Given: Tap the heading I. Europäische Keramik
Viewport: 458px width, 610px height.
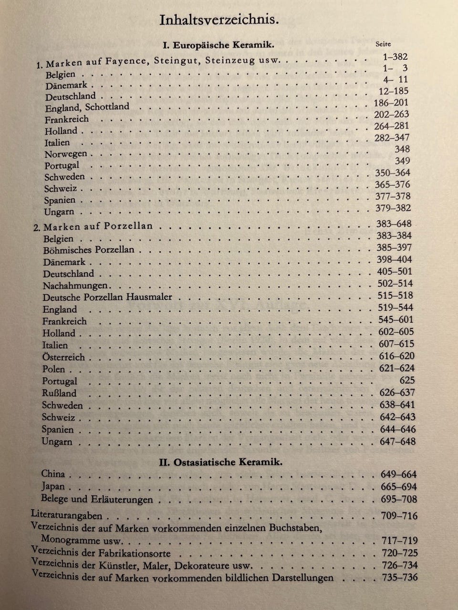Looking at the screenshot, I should (x=219, y=45).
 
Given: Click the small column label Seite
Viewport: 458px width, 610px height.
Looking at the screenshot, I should (x=383, y=44).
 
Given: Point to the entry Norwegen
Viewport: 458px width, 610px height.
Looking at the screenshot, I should (x=66, y=154).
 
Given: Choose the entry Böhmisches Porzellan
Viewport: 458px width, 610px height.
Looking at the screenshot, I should (x=89, y=250).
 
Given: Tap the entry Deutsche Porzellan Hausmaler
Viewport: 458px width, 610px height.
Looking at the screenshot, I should (x=107, y=297).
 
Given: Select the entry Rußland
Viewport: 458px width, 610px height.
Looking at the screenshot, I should (x=59, y=393).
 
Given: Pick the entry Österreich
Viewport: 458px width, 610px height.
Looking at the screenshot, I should (x=63, y=357).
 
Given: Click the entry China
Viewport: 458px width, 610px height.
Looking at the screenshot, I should (x=53, y=474).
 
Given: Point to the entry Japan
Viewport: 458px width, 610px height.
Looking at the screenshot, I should (x=53, y=487).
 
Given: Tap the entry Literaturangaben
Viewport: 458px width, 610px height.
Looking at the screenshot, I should (x=66, y=515).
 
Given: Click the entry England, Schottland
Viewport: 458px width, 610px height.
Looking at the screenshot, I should (x=87, y=107).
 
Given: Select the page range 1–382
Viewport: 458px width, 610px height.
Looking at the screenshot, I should (x=395, y=57).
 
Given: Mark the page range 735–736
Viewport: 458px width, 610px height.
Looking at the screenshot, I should (x=400, y=578).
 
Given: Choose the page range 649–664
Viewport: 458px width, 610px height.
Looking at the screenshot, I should (x=399, y=474).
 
